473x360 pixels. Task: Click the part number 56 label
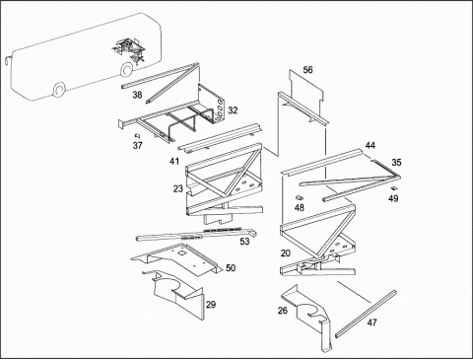pos(307,70)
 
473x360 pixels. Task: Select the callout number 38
pos(137,95)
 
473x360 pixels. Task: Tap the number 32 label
pos(233,110)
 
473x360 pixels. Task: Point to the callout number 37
pos(138,145)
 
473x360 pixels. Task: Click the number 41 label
pos(174,162)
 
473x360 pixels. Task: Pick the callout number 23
pos(178,189)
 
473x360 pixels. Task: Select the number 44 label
pos(371,145)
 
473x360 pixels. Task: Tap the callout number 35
pos(396,163)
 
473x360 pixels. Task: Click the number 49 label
pos(393,199)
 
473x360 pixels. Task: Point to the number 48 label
pos(300,208)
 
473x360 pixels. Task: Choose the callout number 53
pos(244,242)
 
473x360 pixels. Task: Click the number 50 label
pos(231,268)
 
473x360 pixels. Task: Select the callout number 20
pos(286,253)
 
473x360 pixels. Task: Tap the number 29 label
pos(211,305)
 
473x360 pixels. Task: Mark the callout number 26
pos(283,311)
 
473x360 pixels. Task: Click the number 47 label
pos(372,323)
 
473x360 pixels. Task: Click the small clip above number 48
pos(300,197)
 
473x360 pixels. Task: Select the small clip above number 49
pos(394,188)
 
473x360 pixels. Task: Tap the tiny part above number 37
pos(138,135)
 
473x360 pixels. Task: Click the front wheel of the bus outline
pos(59,90)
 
